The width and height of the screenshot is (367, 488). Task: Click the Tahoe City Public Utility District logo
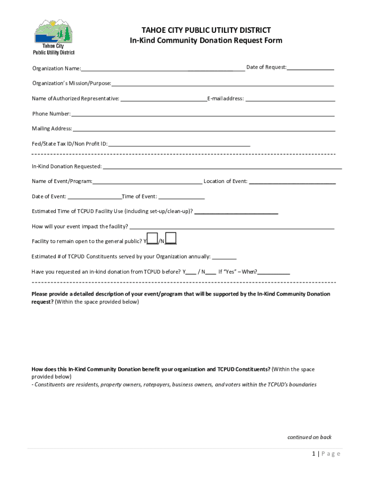pyautogui.click(x=53, y=37)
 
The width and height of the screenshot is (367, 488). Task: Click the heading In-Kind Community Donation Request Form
pyautogui.click(x=206, y=41)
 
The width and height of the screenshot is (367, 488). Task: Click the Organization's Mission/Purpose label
pyautogui.click(x=71, y=83)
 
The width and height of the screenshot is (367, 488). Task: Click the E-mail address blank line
pyautogui.click(x=290, y=99)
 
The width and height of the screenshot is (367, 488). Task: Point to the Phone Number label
pyautogui.click(x=51, y=114)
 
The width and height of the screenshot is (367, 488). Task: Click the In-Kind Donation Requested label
pyautogui.click(x=67, y=166)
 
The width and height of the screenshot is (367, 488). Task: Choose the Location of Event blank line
pyautogui.click(x=292, y=182)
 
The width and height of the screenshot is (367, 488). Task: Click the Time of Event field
pyautogui.click(x=181, y=196)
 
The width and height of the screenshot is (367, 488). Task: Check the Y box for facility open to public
pyautogui.click(x=153, y=238)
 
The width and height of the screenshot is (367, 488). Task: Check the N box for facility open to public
pyautogui.click(x=171, y=238)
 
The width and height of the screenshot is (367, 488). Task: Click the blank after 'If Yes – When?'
pyautogui.click(x=274, y=272)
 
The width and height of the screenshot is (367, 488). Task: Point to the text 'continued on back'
pyautogui.click(x=309, y=437)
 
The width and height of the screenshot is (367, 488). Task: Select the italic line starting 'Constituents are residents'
pyautogui.click(x=174, y=385)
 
